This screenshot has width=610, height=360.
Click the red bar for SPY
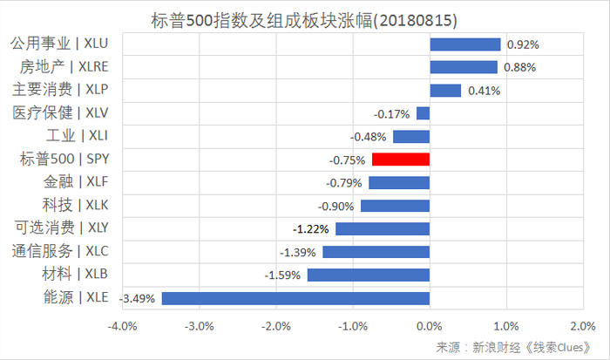coord(400,160)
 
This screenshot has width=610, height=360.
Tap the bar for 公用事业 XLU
coord(464,44)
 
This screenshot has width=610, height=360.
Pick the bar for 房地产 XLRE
coord(463,67)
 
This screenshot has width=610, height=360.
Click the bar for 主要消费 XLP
coord(444,90)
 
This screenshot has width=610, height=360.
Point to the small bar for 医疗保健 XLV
coord(423,113)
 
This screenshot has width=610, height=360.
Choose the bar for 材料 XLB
coord(368,275)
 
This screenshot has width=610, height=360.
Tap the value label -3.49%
coord(137,298)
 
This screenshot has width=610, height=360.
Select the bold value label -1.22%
coord(312,228)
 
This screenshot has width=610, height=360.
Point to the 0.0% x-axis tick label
coord(429,326)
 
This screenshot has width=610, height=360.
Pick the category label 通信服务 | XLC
coord(61,251)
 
